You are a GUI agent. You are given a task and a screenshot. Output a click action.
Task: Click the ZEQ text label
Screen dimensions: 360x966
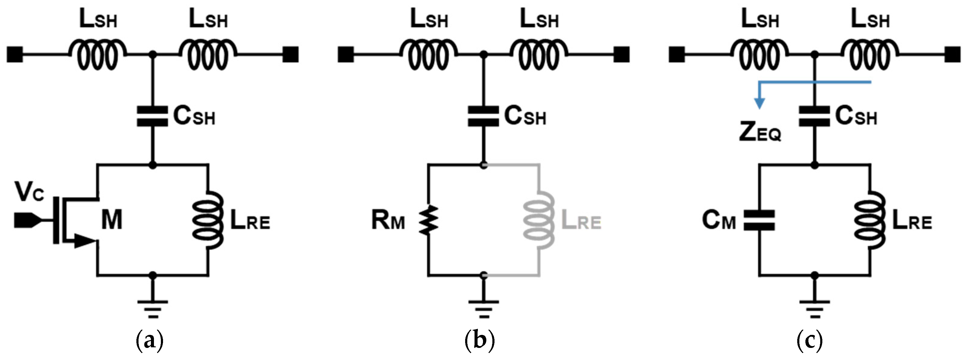[760, 132]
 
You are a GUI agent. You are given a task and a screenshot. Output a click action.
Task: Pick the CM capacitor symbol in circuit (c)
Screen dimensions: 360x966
[759, 220]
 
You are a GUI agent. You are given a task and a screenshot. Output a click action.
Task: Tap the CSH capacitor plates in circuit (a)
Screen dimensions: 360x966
[152, 116]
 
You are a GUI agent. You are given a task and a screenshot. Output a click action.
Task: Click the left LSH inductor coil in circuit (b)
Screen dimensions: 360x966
[428, 56]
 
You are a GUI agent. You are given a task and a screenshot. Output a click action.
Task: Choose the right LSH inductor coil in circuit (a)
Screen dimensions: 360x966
[208, 56]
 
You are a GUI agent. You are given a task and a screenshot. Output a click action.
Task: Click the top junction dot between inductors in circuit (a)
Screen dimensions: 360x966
[152, 54]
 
